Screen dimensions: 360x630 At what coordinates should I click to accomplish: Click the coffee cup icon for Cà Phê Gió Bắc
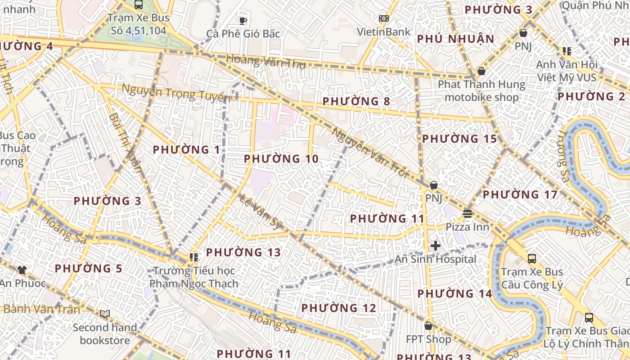pyautogui.click(x=243, y=20)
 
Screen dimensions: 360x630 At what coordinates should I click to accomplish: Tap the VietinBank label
pyautogui.click(x=383, y=31)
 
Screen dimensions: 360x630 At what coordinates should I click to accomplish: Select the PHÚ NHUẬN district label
pyautogui.click(x=455, y=39)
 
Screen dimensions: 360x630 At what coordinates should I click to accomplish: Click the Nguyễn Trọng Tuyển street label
pyautogui.click(x=175, y=93)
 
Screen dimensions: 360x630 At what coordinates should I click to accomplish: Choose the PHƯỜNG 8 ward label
pyautogui.click(x=356, y=101)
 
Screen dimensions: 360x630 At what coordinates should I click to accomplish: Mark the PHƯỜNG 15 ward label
pyautogui.click(x=459, y=139)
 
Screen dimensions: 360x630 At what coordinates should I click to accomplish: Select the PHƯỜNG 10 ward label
pyautogui.click(x=281, y=159)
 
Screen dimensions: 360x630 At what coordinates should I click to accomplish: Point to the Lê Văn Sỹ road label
pyautogui.click(x=260, y=212)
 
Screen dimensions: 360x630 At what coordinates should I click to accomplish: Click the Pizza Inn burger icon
pyautogui.click(x=467, y=213)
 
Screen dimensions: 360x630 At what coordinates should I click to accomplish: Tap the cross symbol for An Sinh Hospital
pyautogui.click(x=435, y=246)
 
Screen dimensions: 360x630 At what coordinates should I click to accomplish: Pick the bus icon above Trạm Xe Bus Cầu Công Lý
pyautogui.click(x=531, y=259)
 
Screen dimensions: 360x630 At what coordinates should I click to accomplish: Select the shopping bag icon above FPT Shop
pyautogui.click(x=428, y=325)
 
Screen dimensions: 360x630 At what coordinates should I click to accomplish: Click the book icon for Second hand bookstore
pyautogui.click(x=105, y=314)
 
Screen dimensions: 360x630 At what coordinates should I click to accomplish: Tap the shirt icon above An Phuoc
pyautogui.click(x=22, y=270)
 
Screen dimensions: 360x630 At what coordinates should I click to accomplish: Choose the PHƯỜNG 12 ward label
pyautogui.click(x=338, y=308)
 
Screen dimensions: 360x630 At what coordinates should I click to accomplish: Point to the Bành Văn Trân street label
pyautogui.click(x=42, y=309)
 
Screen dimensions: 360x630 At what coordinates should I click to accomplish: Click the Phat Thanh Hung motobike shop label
pyautogui.click(x=481, y=90)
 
